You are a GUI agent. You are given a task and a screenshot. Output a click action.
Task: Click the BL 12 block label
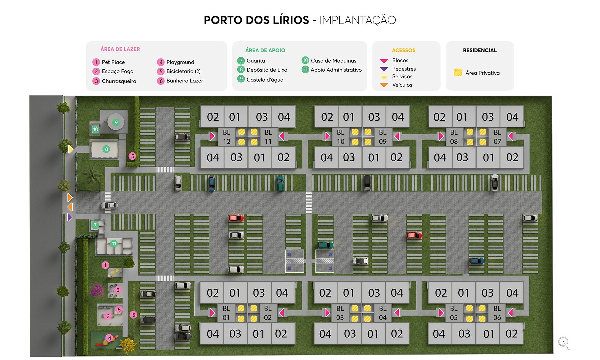pos(227,137)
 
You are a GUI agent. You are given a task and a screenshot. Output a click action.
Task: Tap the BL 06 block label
pos(497,313)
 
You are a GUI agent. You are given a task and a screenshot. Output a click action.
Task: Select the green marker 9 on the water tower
pos(116,122)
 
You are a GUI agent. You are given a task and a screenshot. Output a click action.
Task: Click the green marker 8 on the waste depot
pos(106,149)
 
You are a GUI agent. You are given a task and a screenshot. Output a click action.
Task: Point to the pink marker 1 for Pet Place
pos(105,265)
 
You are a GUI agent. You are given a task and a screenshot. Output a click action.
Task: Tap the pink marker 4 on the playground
pos(109,338)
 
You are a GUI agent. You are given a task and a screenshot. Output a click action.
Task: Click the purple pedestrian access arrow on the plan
pos(70,217)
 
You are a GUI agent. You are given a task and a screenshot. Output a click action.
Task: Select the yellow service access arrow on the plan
pos(70,149)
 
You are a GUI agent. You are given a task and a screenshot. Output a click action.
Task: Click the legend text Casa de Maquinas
pos(333,61)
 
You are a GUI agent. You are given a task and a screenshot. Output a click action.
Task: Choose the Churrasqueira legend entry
pos(119,81)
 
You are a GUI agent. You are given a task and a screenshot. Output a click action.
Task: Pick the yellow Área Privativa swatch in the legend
pos(458,73)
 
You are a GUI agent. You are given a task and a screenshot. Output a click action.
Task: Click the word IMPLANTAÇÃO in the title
pos(357,20)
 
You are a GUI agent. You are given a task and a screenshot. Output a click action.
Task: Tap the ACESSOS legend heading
pos(403,50)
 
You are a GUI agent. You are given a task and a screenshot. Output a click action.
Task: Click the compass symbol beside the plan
pos(563,342)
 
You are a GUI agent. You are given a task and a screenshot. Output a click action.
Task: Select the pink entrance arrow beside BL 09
pos(397,136)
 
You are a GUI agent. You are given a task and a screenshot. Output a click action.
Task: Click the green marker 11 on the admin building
pos(114,244)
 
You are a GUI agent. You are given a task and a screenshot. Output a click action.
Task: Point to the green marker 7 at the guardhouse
pos(95,225)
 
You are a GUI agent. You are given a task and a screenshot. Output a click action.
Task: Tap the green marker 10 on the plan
pos(95,129)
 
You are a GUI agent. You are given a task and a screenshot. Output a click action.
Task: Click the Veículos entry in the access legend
pos(402,85)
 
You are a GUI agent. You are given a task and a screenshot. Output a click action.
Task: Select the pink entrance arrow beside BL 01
pos(212,313)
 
